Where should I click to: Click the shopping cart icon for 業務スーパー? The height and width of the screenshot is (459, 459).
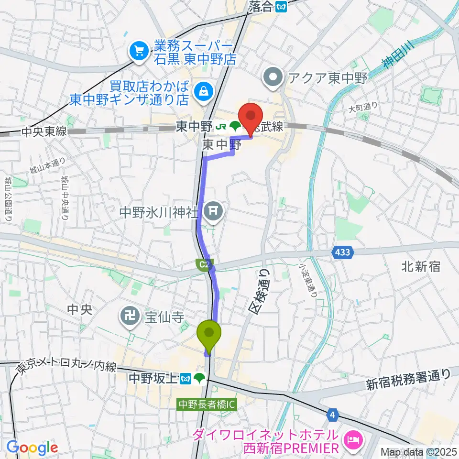pos(139,50)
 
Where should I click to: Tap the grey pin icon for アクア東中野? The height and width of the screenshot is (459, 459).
pos(273,77)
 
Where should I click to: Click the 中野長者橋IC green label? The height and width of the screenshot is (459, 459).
pos(208,404)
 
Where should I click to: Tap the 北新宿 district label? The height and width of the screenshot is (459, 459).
pos(421,267)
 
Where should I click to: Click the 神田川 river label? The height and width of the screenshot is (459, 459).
pos(398,55)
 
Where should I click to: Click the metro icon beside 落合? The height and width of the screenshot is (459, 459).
pos(282,6)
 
